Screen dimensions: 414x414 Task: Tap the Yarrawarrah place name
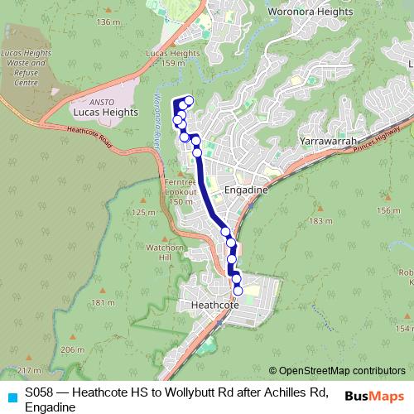(329, 142)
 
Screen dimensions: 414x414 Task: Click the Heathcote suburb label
(214, 305)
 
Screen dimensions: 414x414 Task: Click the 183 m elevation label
(319, 221)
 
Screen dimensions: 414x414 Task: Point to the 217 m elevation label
(28, 369)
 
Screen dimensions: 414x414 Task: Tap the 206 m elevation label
(72, 350)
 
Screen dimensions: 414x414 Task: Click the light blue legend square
(12, 397)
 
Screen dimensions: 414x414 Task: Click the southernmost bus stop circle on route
(238, 291)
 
